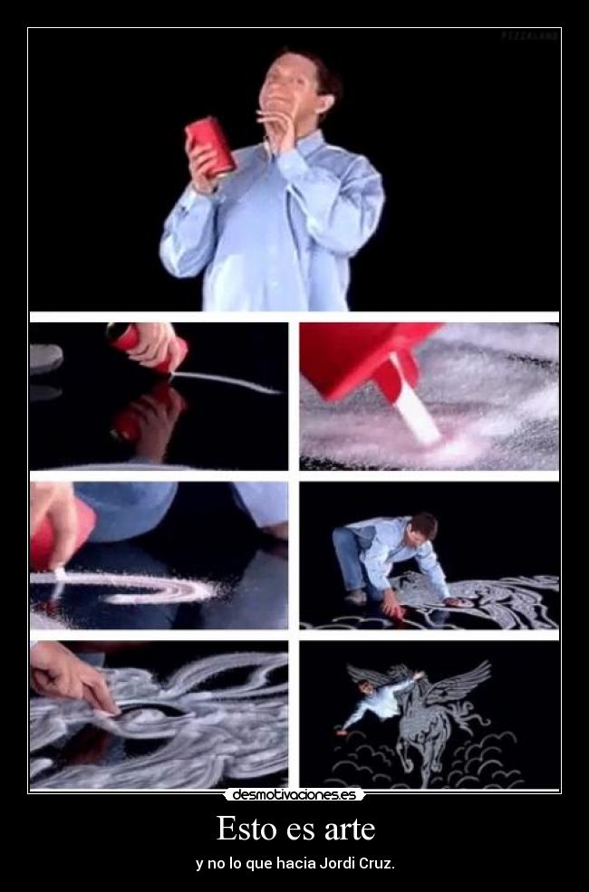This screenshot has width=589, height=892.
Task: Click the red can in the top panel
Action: [210, 144]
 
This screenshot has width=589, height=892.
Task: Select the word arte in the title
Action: [349, 829]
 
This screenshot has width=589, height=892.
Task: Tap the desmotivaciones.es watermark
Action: [294, 795]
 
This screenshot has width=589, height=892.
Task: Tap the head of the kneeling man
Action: [422, 526]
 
